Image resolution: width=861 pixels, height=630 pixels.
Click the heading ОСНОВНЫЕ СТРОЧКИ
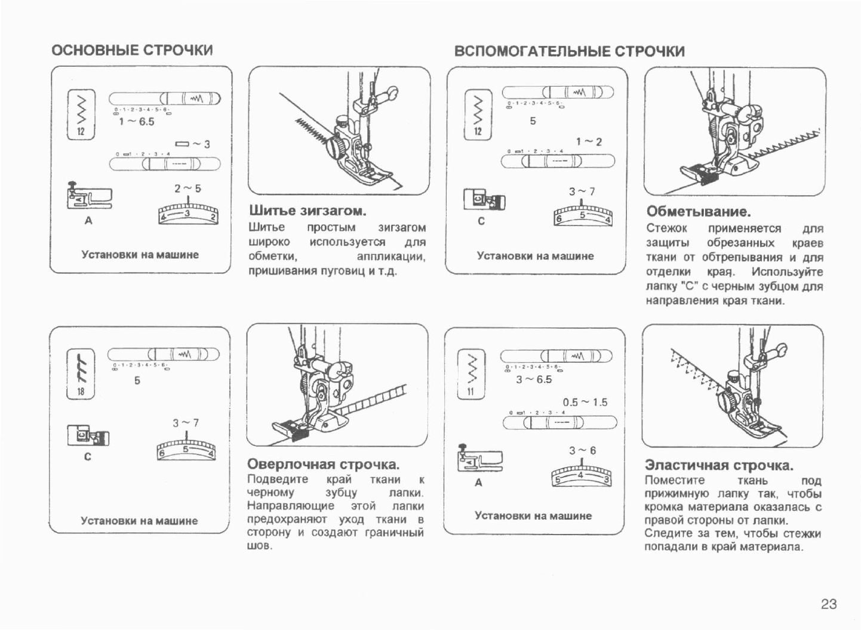[x=132, y=50]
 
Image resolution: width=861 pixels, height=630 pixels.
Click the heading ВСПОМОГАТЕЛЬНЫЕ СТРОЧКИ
[x=569, y=51]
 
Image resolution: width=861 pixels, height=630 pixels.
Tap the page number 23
[x=828, y=604]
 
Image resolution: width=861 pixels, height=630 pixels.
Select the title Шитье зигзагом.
[x=307, y=211]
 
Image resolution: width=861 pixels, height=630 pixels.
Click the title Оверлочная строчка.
[x=323, y=464]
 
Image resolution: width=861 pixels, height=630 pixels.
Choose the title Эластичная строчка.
[x=719, y=465]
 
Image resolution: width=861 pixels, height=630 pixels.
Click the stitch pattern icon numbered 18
[x=81, y=373]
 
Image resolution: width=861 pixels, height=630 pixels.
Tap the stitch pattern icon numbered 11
[x=471, y=374]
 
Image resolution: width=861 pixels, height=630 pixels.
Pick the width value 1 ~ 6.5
[x=136, y=122]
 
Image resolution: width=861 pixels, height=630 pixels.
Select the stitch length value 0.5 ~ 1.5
[x=585, y=402]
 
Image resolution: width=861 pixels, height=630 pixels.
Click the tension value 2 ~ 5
[x=187, y=189]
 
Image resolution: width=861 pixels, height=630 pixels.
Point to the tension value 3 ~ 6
[x=582, y=450]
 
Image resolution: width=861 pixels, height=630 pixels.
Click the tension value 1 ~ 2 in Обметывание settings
[x=589, y=142]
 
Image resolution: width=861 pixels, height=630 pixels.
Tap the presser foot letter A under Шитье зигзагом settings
[x=88, y=221]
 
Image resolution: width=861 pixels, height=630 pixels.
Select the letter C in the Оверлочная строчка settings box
[x=88, y=457]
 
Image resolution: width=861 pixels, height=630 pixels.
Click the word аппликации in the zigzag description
[x=391, y=257]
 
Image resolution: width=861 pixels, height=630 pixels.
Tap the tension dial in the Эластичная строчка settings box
[x=582, y=478]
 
